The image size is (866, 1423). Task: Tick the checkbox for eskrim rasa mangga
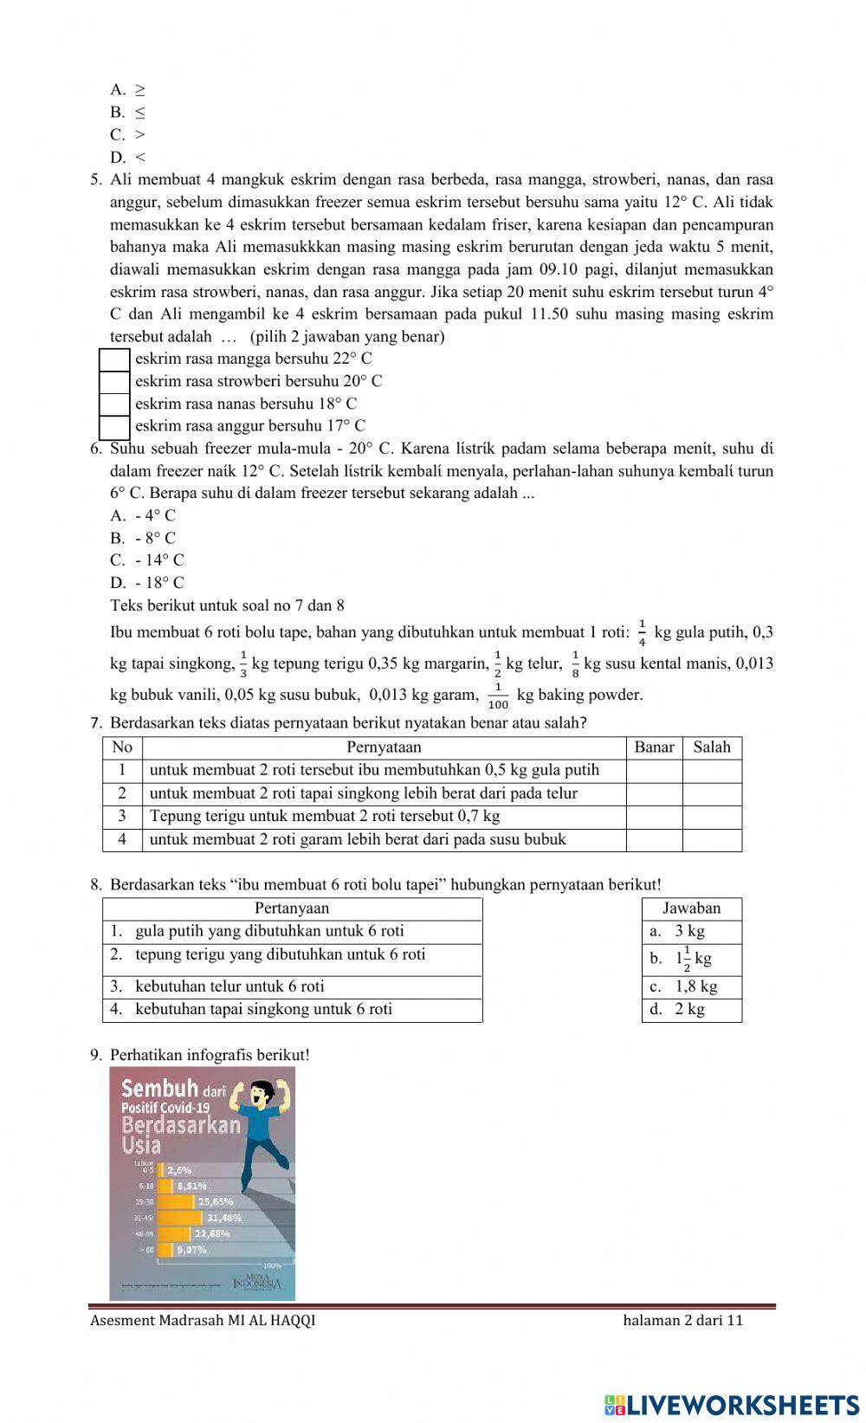(114, 359)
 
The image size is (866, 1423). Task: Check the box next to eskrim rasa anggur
(114, 426)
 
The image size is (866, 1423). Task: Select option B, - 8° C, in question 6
(155, 538)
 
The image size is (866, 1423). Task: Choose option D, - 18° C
(159, 583)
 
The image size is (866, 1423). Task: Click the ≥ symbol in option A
(139, 90)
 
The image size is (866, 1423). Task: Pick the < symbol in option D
(140, 158)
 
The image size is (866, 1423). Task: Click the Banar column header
(654, 747)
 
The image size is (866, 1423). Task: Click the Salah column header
(712, 747)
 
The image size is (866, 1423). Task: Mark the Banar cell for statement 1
(654, 771)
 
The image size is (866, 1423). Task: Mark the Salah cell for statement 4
(712, 840)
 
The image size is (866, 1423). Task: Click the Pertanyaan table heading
(292, 909)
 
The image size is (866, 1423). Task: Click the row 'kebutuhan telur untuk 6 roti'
(229, 987)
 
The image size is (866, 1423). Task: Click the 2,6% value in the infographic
(179, 1170)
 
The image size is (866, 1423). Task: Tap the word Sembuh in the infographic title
(161, 1090)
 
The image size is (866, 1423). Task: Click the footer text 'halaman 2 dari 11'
(682, 1321)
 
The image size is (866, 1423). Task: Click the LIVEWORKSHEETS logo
(732, 1405)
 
